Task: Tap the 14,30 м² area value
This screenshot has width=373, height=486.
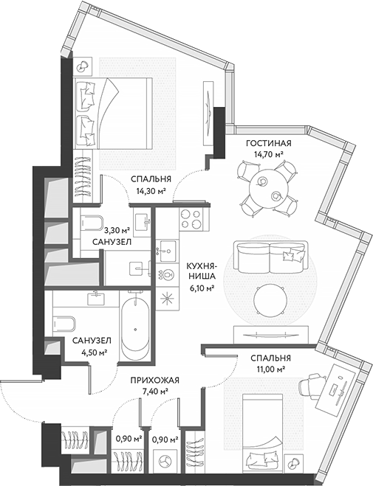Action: point(151,190)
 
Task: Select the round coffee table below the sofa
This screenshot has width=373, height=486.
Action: point(270,298)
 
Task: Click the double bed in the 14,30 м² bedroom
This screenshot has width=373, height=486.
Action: point(118,111)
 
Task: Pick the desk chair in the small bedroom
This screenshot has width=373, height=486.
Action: point(311,384)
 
